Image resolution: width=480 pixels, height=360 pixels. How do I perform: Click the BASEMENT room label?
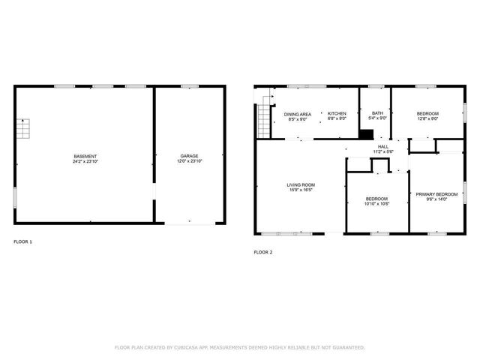pyautogui.click(x=85, y=156)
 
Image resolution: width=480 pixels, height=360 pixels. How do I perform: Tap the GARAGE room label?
pyautogui.click(x=189, y=156)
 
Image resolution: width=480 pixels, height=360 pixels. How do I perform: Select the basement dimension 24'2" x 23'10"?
pyautogui.click(x=85, y=161)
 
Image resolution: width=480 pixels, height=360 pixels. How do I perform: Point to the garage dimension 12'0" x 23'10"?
pyautogui.click(x=189, y=161)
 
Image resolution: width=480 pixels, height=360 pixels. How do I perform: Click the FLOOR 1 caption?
pyautogui.click(x=23, y=241)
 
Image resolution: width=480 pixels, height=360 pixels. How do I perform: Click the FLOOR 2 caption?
pyautogui.click(x=263, y=252)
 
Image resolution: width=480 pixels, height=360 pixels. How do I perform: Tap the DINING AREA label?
pyautogui.click(x=298, y=113)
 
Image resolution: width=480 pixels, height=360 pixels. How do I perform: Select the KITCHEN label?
pyautogui.click(x=337, y=113)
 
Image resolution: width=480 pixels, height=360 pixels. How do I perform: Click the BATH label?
pyautogui.click(x=377, y=113)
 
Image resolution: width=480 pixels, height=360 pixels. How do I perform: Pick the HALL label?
pyautogui.click(x=383, y=146)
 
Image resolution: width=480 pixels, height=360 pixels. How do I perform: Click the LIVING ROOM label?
pyautogui.click(x=300, y=184)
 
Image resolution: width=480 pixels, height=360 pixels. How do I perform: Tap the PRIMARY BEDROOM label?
pyautogui.click(x=436, y=193)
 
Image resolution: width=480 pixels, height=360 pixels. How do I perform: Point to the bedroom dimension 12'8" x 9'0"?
pyautogui.click(x=427, y=118)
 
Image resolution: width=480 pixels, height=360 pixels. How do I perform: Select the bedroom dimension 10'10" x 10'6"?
pyautogui.click(x=376, y=204)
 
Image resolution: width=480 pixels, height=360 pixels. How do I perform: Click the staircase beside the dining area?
pyautogui.click(x=262, y=120)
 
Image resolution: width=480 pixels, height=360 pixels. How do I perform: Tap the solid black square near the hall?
pyautogui.click(x=366, y=134)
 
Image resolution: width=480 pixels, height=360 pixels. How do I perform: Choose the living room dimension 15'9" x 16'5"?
pyautogui.click(x=300, y=190)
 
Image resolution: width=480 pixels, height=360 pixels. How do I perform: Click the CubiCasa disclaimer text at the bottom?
pyautogui.click(x=239, y=347)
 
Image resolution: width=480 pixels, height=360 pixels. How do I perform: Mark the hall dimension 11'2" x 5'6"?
pyautogui.click(x=383, y=151)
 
